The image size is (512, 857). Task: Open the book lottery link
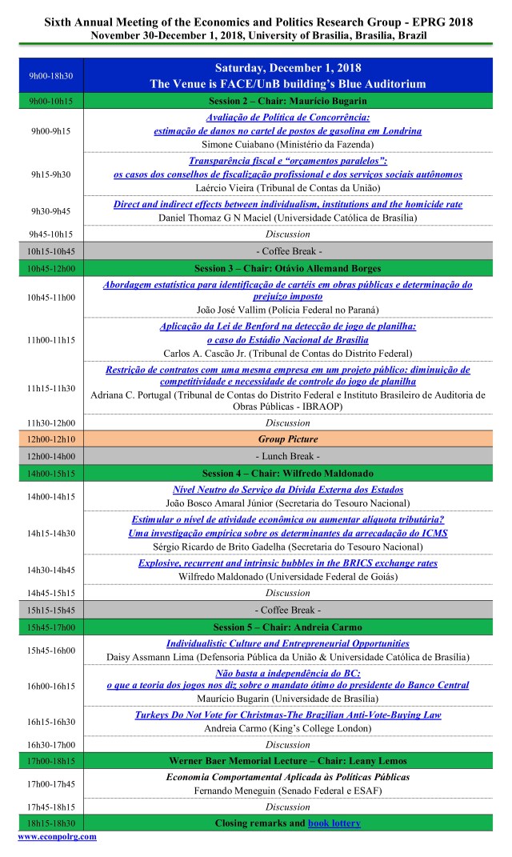click(334, 823)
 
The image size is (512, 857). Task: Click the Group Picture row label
click(288, 439)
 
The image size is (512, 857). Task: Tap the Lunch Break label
click(288, 455)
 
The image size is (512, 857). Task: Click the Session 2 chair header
click(288, 102)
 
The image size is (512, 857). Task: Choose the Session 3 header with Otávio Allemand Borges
click(288, 268)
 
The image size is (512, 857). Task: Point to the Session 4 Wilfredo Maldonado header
click(288, 473)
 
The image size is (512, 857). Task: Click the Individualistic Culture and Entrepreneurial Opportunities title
click(288, 643)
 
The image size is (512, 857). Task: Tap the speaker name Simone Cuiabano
click(288, 145)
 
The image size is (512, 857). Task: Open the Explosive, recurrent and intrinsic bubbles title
click(288, 563)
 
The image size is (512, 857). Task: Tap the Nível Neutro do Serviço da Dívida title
click(288, 489)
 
